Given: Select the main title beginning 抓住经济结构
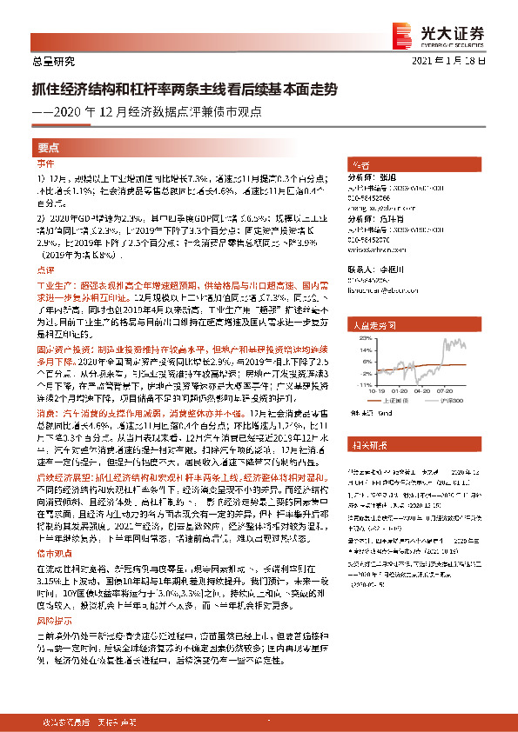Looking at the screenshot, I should [x=182, y=89].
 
